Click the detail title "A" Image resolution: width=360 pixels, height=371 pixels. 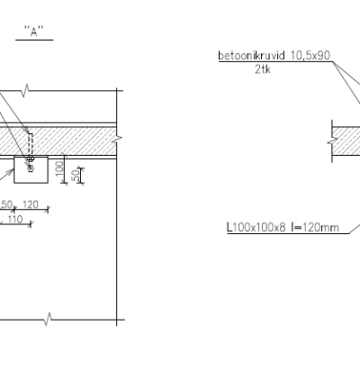[34, 32]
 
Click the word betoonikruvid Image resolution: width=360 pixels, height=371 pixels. [251, 56]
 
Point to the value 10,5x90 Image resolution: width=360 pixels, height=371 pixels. [310, 56]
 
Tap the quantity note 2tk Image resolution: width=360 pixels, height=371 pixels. [263, 69]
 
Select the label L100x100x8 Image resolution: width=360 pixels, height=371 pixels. [256, 227]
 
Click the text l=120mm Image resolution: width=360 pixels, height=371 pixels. [315, 227]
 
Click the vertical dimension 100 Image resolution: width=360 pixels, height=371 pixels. [59, 168]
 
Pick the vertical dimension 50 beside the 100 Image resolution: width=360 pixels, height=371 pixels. [76, 175]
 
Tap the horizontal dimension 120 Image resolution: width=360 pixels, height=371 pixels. [31, 204]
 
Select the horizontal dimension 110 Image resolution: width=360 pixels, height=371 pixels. [15, 220]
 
